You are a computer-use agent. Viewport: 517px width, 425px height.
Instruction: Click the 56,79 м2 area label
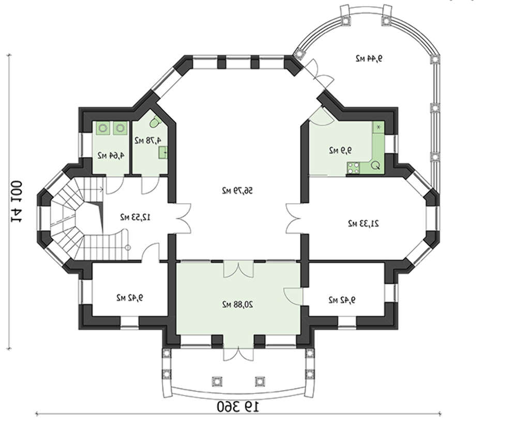coord(237,191)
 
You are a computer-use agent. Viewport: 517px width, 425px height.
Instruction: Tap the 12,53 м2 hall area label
coord(135,217)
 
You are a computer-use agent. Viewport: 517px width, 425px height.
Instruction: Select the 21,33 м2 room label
coord(363,223)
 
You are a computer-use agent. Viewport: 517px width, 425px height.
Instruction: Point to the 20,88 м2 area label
coord(237,304)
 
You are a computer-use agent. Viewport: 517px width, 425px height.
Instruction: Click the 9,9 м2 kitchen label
coord(340,150)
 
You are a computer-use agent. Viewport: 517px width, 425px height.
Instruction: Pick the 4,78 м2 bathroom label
coord(148,140)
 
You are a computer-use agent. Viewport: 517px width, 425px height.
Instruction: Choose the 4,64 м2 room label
coord(111,155)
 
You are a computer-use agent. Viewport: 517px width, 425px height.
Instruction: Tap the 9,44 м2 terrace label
coord(369,59)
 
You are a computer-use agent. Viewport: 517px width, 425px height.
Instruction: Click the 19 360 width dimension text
coord(238,406)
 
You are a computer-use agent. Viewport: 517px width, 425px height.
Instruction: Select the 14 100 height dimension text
coord(17,201)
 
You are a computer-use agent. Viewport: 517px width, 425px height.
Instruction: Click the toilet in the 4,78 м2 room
coord(155,123)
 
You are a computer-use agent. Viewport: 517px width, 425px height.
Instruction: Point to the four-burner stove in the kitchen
coord(353,168)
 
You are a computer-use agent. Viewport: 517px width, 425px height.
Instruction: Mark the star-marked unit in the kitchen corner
coord(378,127)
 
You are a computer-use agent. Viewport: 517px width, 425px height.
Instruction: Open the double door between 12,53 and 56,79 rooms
coord(183,218)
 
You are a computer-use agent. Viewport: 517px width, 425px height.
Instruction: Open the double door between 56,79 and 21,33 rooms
coord(293,218)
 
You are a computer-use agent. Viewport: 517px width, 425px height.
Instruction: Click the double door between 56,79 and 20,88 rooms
coord(238,268)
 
